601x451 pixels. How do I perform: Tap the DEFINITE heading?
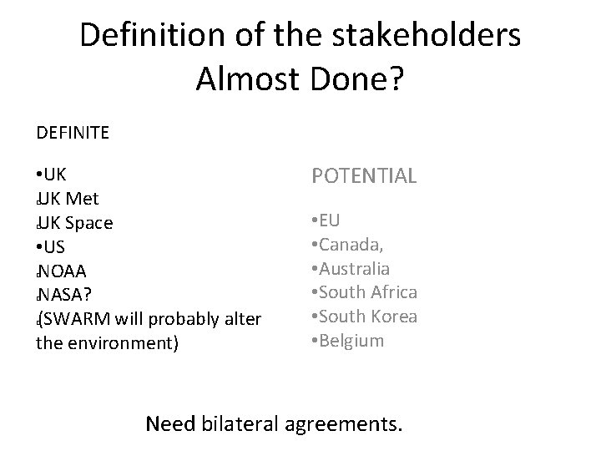[73, 132]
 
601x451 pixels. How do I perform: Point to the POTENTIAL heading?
[364, 176]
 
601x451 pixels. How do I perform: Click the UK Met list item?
[69, 200]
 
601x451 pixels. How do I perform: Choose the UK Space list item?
[76, 224]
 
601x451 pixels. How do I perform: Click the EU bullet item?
[327, 221]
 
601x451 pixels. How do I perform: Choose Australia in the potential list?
[354, 269]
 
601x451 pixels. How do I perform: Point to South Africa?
[366, 292]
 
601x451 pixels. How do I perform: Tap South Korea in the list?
[366, 317]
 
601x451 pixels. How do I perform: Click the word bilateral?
[240, 423]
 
